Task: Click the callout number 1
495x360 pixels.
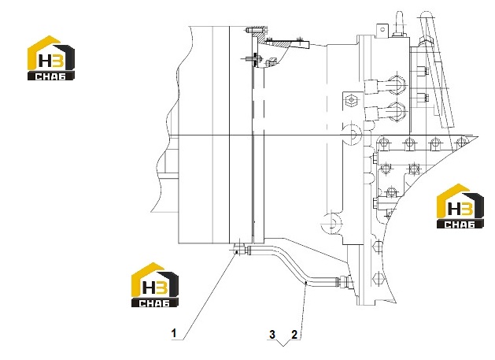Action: pos(174,333)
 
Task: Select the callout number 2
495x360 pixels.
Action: pos(294,335)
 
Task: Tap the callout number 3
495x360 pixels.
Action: pos(272,335)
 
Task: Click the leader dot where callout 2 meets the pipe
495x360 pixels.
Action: pos(305,284)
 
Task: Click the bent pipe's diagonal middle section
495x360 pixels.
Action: pos(287,264)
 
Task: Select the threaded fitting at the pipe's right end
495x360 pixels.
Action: pos(344,280)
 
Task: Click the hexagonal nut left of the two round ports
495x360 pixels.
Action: pos(351,101)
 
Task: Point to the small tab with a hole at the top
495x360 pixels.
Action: pos(382,30)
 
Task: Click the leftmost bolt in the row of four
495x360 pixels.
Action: pos(383,143)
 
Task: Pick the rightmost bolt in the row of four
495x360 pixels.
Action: pos(462,143)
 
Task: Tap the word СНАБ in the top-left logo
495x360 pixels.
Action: pos(51,76)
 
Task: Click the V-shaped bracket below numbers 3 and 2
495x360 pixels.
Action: pos(283,343)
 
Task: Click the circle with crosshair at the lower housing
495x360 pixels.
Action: pos(331,222)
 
